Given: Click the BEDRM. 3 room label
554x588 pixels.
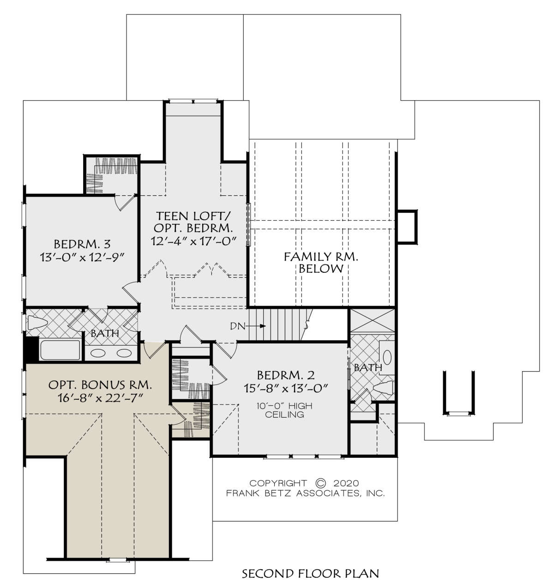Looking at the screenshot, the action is click(x=82, y=244).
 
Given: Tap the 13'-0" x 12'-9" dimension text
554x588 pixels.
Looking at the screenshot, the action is click(x=81, y=258).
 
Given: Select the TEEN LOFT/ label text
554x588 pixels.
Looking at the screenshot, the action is click(x=193, y=216).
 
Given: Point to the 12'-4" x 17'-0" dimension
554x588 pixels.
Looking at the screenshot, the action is click(x=193, y=241).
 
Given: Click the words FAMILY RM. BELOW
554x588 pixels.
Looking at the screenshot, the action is click(x=321, y=263).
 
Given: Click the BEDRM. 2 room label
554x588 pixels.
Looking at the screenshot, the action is click(x=286, y=375).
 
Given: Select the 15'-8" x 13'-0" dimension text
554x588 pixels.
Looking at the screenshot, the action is click(x=286, y=388).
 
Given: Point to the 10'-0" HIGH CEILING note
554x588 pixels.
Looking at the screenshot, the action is click(x=284, y=410).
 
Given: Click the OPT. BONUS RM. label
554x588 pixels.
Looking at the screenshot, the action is click(x=100, y=385).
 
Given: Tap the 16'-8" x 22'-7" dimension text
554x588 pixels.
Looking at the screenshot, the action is click(x=101, y=398).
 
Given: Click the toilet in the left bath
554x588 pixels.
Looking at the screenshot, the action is click(x=37, y=323).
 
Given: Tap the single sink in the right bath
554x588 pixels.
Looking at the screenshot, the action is click(x=387, y=357).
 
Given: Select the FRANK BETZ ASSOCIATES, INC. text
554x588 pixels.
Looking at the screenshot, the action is click(x=306, y=493).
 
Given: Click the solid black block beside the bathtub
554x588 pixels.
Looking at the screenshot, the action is click(x=31, y=349).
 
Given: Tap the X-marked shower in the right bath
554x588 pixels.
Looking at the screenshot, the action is click(x=373, y=321).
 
